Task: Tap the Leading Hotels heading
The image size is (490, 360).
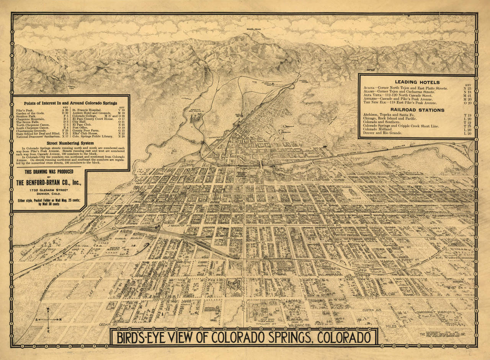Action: [417, 82]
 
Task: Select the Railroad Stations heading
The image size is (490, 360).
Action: [417, 110]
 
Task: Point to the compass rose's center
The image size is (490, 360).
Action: [48, 319]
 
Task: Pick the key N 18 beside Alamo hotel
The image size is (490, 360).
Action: [467, 92]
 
